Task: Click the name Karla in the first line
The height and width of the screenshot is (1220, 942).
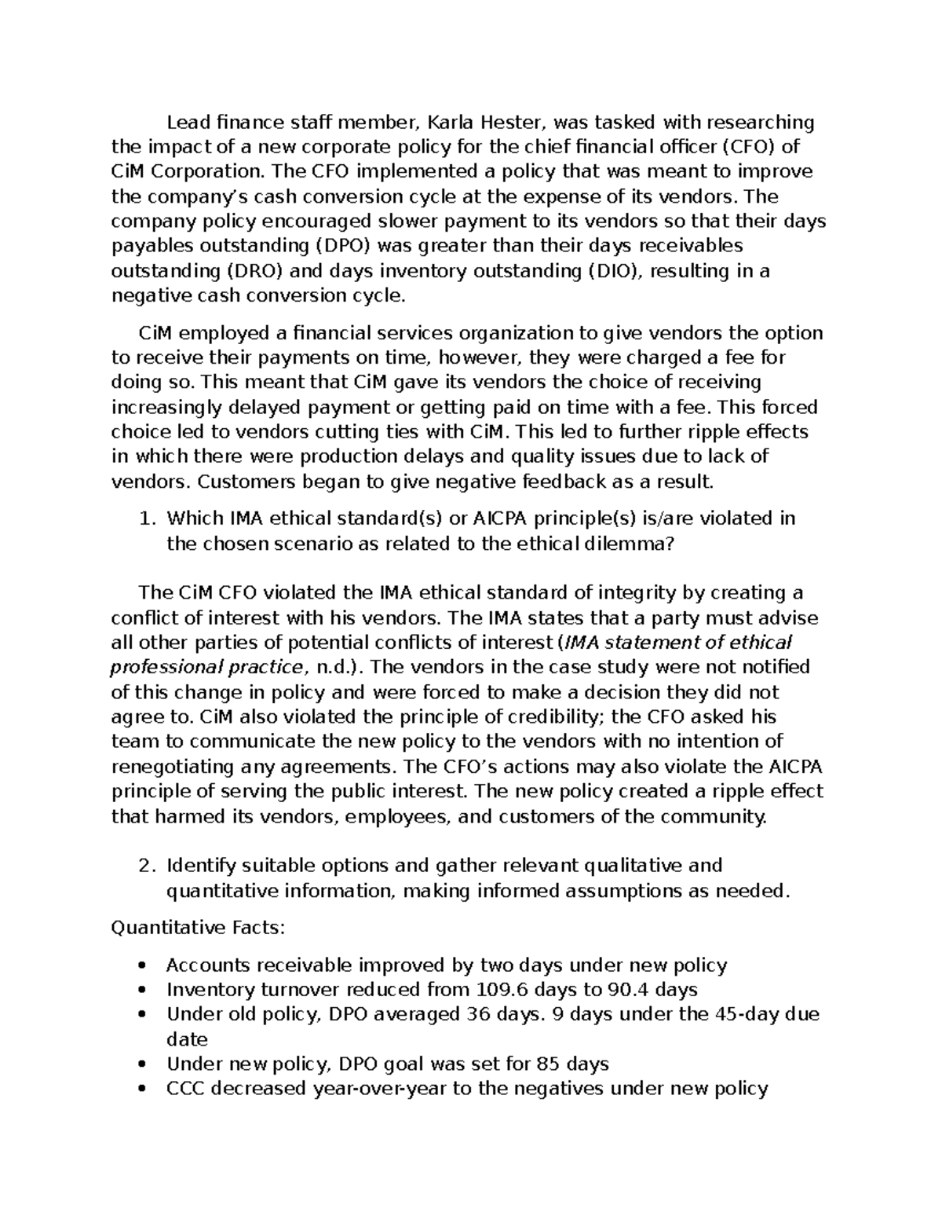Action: (451, 123)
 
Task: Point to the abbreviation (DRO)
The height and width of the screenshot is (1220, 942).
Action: (254, 271)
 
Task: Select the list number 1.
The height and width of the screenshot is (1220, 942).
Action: (144, 519)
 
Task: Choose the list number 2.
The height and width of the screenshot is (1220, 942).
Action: (144, 866)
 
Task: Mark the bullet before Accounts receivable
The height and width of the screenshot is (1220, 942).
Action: (141, 966)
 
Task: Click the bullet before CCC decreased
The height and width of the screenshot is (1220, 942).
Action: (141, 1090)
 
